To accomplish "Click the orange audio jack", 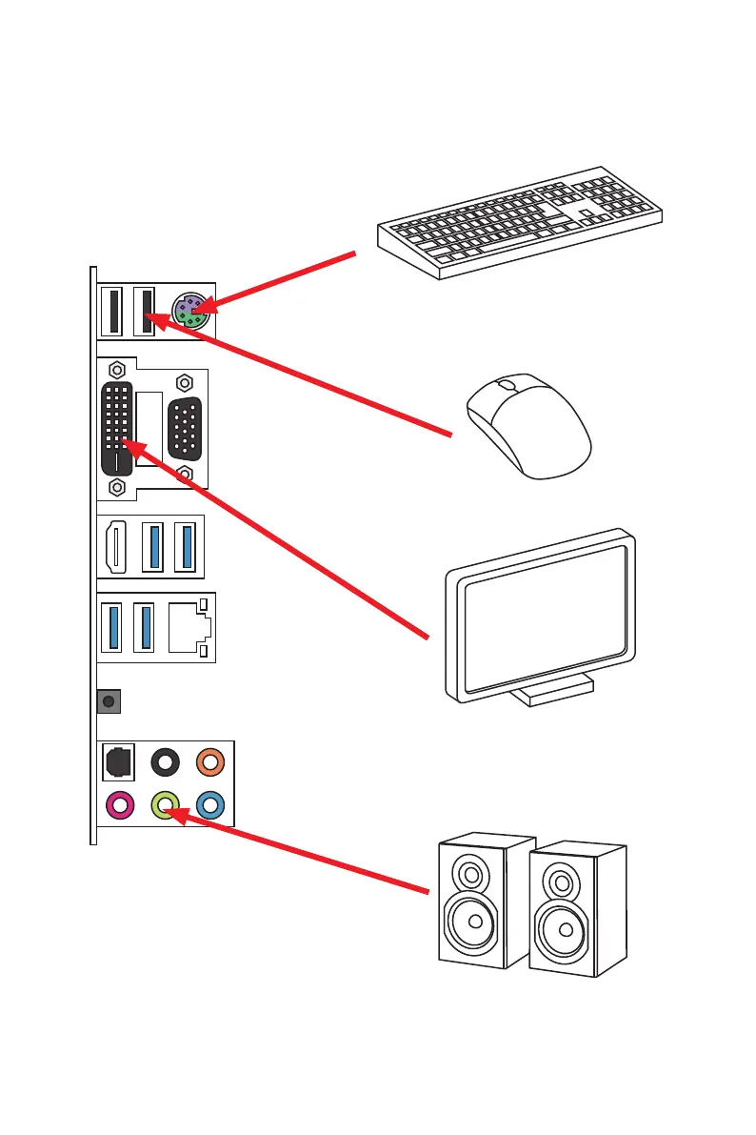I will point(209,761).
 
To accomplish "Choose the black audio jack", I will point(166,761).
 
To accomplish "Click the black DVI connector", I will point(118,428).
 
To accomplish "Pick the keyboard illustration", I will point(519,225).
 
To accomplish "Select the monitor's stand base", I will point(550,692).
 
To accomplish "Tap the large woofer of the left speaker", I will point(468,922).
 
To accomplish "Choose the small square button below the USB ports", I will point(109,702).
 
